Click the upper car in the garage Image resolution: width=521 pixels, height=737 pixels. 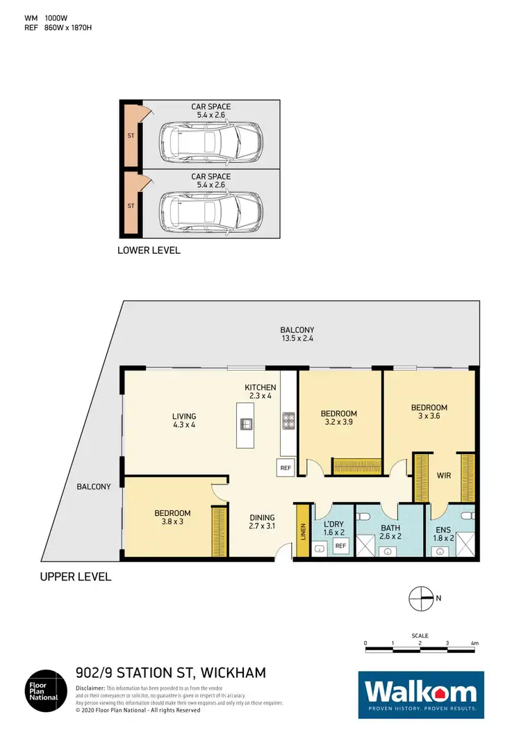[211, 142]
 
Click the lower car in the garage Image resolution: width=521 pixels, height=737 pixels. [211, 211]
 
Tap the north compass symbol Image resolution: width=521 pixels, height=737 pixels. [420, 597]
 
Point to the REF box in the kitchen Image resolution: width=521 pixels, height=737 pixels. [286, 468]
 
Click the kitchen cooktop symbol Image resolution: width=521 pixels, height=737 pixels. [288, 421]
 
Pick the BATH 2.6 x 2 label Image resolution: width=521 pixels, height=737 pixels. [390, 532]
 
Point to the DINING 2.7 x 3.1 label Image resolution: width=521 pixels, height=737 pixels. [263, 522]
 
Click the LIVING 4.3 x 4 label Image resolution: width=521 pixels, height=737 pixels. [184, 421]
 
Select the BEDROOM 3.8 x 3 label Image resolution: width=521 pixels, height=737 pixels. [172, 518]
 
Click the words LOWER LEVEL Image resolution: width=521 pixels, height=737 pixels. [149, 250]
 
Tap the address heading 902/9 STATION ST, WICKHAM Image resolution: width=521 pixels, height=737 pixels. [170, 673]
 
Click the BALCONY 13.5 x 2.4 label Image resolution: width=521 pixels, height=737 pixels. [297, 334]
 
